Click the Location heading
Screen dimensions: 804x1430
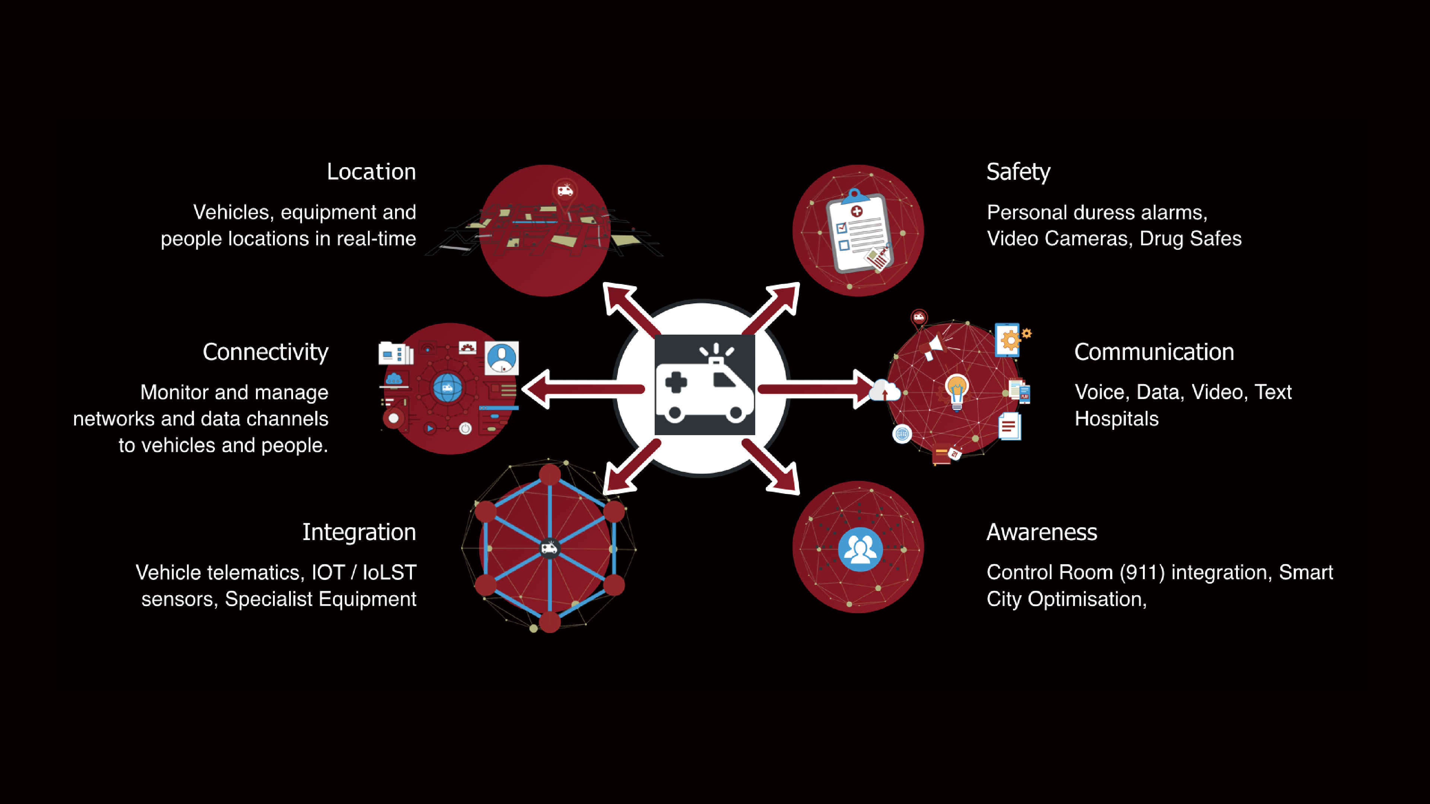[371, 172]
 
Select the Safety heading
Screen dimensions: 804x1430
[1018, 172]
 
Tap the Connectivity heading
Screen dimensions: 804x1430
[266, 352]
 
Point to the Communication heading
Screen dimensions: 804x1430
[1154, 352]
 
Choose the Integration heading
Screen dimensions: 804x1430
[359, 532]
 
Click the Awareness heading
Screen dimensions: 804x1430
[1042, 532]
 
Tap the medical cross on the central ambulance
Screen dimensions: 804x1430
[676, 382]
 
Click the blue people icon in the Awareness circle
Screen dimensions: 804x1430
[860, 549]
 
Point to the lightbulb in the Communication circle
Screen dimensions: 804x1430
[956, 390]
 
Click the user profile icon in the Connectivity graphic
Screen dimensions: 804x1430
[501, 358]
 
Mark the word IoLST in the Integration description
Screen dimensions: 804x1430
[389, 572]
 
